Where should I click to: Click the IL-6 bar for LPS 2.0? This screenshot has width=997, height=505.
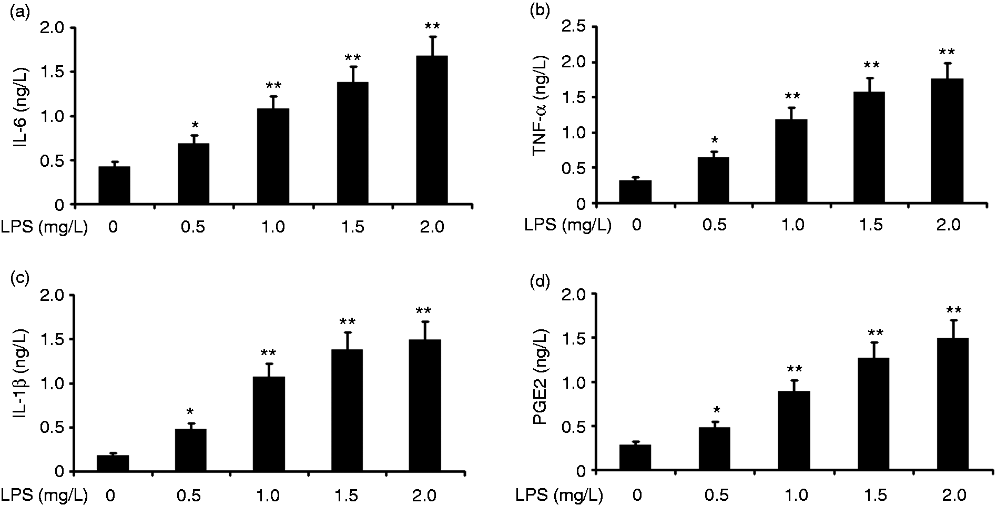click(432, 129)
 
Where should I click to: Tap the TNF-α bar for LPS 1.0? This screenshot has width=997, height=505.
click(791, 161)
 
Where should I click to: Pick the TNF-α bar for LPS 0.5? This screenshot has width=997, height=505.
click(713, 180)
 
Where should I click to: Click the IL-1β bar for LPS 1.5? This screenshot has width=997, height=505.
click(347, 410)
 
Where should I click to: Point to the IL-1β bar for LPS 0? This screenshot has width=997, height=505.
click(113, 463)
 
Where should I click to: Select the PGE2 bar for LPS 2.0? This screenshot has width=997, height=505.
click(952, 405)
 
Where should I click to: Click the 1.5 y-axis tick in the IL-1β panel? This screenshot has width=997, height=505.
click(53, 339)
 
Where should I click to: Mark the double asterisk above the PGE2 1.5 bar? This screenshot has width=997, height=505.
click(875, 333)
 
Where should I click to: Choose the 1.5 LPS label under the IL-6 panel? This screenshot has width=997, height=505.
click(352, 227)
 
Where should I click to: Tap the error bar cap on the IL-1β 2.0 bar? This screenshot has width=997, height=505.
click(425, 321)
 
